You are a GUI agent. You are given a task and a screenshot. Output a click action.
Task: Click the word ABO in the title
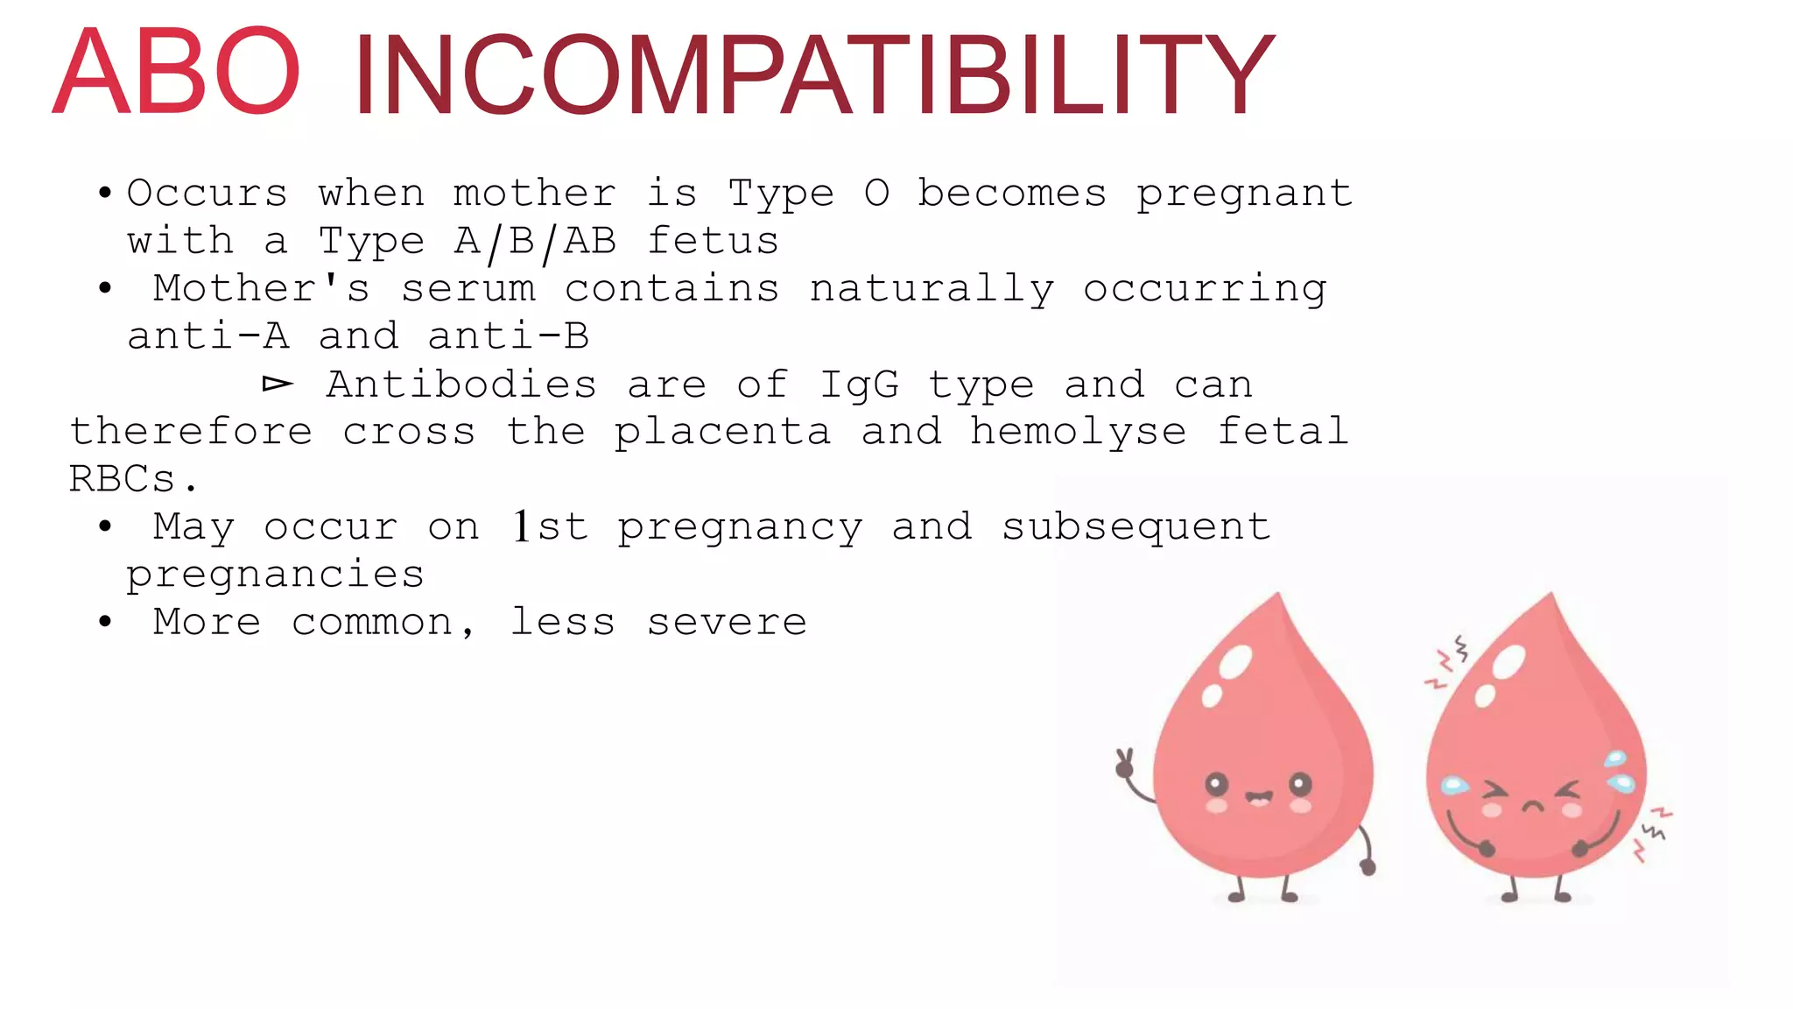coord(177,72)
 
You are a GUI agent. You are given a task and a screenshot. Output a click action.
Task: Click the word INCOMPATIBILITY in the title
coord(813,75)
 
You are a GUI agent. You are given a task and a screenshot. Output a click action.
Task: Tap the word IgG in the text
coord(859,385)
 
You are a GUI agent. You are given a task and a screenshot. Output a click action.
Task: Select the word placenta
coord(721,433)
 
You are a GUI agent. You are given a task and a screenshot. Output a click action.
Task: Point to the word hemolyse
coord(1078,433)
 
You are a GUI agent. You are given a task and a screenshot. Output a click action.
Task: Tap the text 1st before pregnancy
coord(550,527)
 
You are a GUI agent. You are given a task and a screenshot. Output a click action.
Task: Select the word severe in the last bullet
coord(727,623)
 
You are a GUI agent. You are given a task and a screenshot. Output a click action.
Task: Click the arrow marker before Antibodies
coord(278,385)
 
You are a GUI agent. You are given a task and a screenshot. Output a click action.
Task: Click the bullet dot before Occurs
coord(105,194)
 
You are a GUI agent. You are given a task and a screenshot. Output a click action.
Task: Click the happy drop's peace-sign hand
coord(1124,763)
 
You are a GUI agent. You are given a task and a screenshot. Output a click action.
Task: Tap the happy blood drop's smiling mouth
coord(1259,798)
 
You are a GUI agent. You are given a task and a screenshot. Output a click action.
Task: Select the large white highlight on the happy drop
coord(1235,662)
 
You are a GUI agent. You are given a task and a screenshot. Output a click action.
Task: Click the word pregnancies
coord(275,575)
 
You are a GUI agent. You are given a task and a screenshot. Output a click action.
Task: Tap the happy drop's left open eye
coord(1217,783)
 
